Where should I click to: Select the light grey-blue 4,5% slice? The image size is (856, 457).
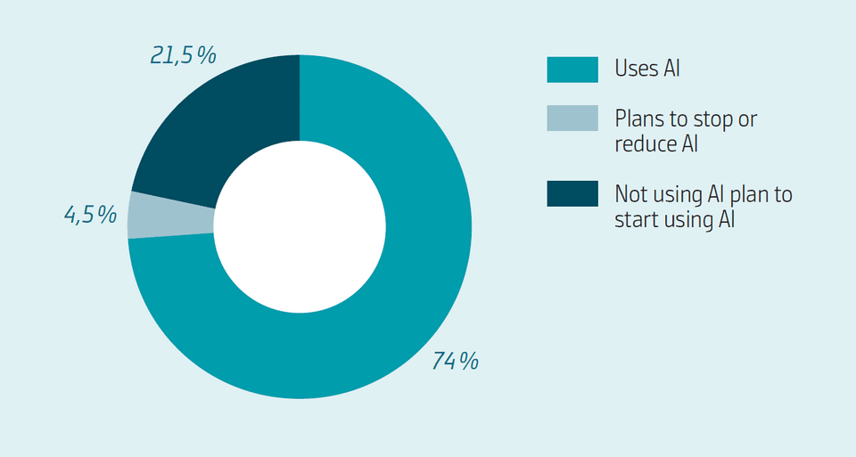(170, 215)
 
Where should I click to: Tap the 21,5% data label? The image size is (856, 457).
(184, 55)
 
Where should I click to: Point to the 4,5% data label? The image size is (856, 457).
(91, 215)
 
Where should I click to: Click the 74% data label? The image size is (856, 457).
(456, 361)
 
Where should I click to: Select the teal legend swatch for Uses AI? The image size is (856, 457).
(572, 69)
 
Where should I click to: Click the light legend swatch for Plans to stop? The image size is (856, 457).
(572, 118)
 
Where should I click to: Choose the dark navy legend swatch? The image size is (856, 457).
(572, 193)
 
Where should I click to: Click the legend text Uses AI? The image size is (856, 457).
(647, 69)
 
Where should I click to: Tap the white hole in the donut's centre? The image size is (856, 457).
(300, 227)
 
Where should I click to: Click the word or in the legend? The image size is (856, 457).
(747, 121)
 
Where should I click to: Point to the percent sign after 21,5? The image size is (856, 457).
(206, 55)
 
